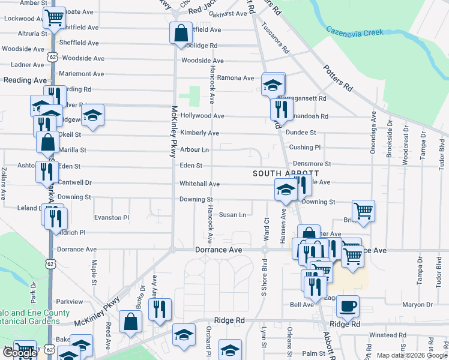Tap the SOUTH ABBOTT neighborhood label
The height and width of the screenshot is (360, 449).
[277, 173]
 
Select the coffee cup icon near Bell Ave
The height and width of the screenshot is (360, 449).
[348, 307]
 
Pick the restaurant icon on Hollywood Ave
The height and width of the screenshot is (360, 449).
[280, 109]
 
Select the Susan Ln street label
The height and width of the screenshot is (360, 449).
[232, 215]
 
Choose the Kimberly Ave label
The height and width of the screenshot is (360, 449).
[199, 133]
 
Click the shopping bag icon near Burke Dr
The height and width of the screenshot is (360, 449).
[130, 321]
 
